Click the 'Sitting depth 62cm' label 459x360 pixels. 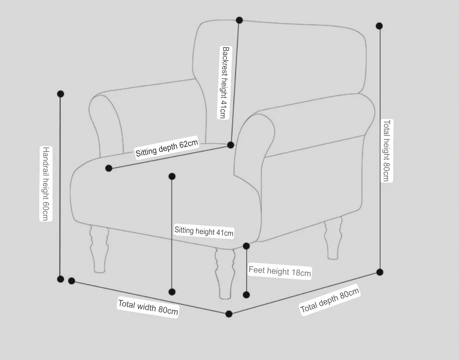click(167, 148)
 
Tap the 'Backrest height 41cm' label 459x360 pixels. click(224, 82)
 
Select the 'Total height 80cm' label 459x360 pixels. click(387, 151)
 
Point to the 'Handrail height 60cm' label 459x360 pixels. click(46, 184)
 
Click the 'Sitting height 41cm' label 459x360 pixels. click(204, 231)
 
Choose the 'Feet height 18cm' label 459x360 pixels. click(280, 271)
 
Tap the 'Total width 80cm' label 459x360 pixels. click(148, 307)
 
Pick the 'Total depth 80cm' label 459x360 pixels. click(330, 300)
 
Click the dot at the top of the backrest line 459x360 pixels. click(239, 20)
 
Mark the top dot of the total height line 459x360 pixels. click(379, 26)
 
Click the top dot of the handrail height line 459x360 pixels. click(61, 94)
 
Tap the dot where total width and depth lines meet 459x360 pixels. click(229, 314)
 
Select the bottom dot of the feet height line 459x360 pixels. click(246, 295)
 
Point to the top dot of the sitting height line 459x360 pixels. click(172, 176)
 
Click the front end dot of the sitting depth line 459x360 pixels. click(109, 168)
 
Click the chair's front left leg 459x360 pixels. click(99, 249)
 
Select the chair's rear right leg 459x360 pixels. click(333, 238)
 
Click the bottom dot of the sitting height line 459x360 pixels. click(172, 292)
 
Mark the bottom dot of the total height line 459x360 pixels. click(380, 272)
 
